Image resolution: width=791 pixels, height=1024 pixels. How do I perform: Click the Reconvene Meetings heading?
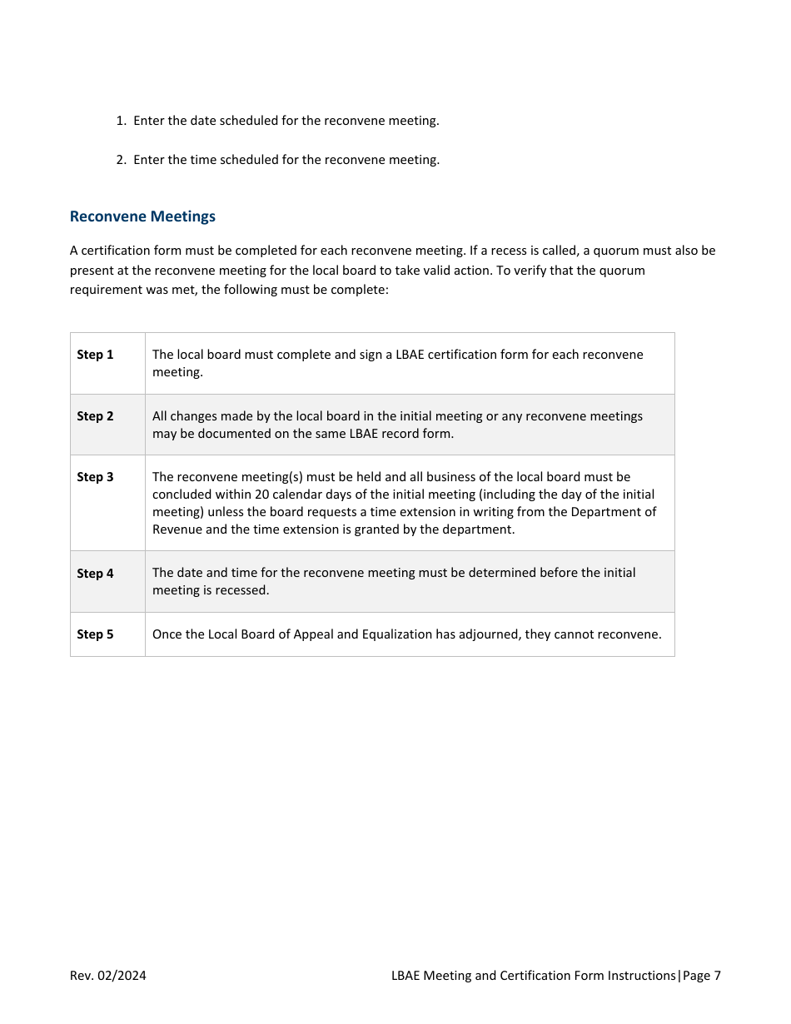142,216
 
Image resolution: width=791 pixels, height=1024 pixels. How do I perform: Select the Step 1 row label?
95,355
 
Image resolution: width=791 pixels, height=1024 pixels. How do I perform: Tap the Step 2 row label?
95,416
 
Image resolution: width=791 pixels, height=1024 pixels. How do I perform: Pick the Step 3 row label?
95,477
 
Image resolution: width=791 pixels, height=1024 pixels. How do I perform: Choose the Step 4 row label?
95,574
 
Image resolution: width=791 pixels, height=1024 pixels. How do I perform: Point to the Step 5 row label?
95,634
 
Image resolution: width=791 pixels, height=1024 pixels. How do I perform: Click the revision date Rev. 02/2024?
107,976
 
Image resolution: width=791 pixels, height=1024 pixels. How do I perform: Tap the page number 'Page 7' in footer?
702,976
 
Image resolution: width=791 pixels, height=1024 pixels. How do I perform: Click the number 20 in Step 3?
262,495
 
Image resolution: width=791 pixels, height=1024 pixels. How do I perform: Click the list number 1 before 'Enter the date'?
121,121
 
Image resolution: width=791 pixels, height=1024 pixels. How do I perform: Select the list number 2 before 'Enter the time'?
121,160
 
